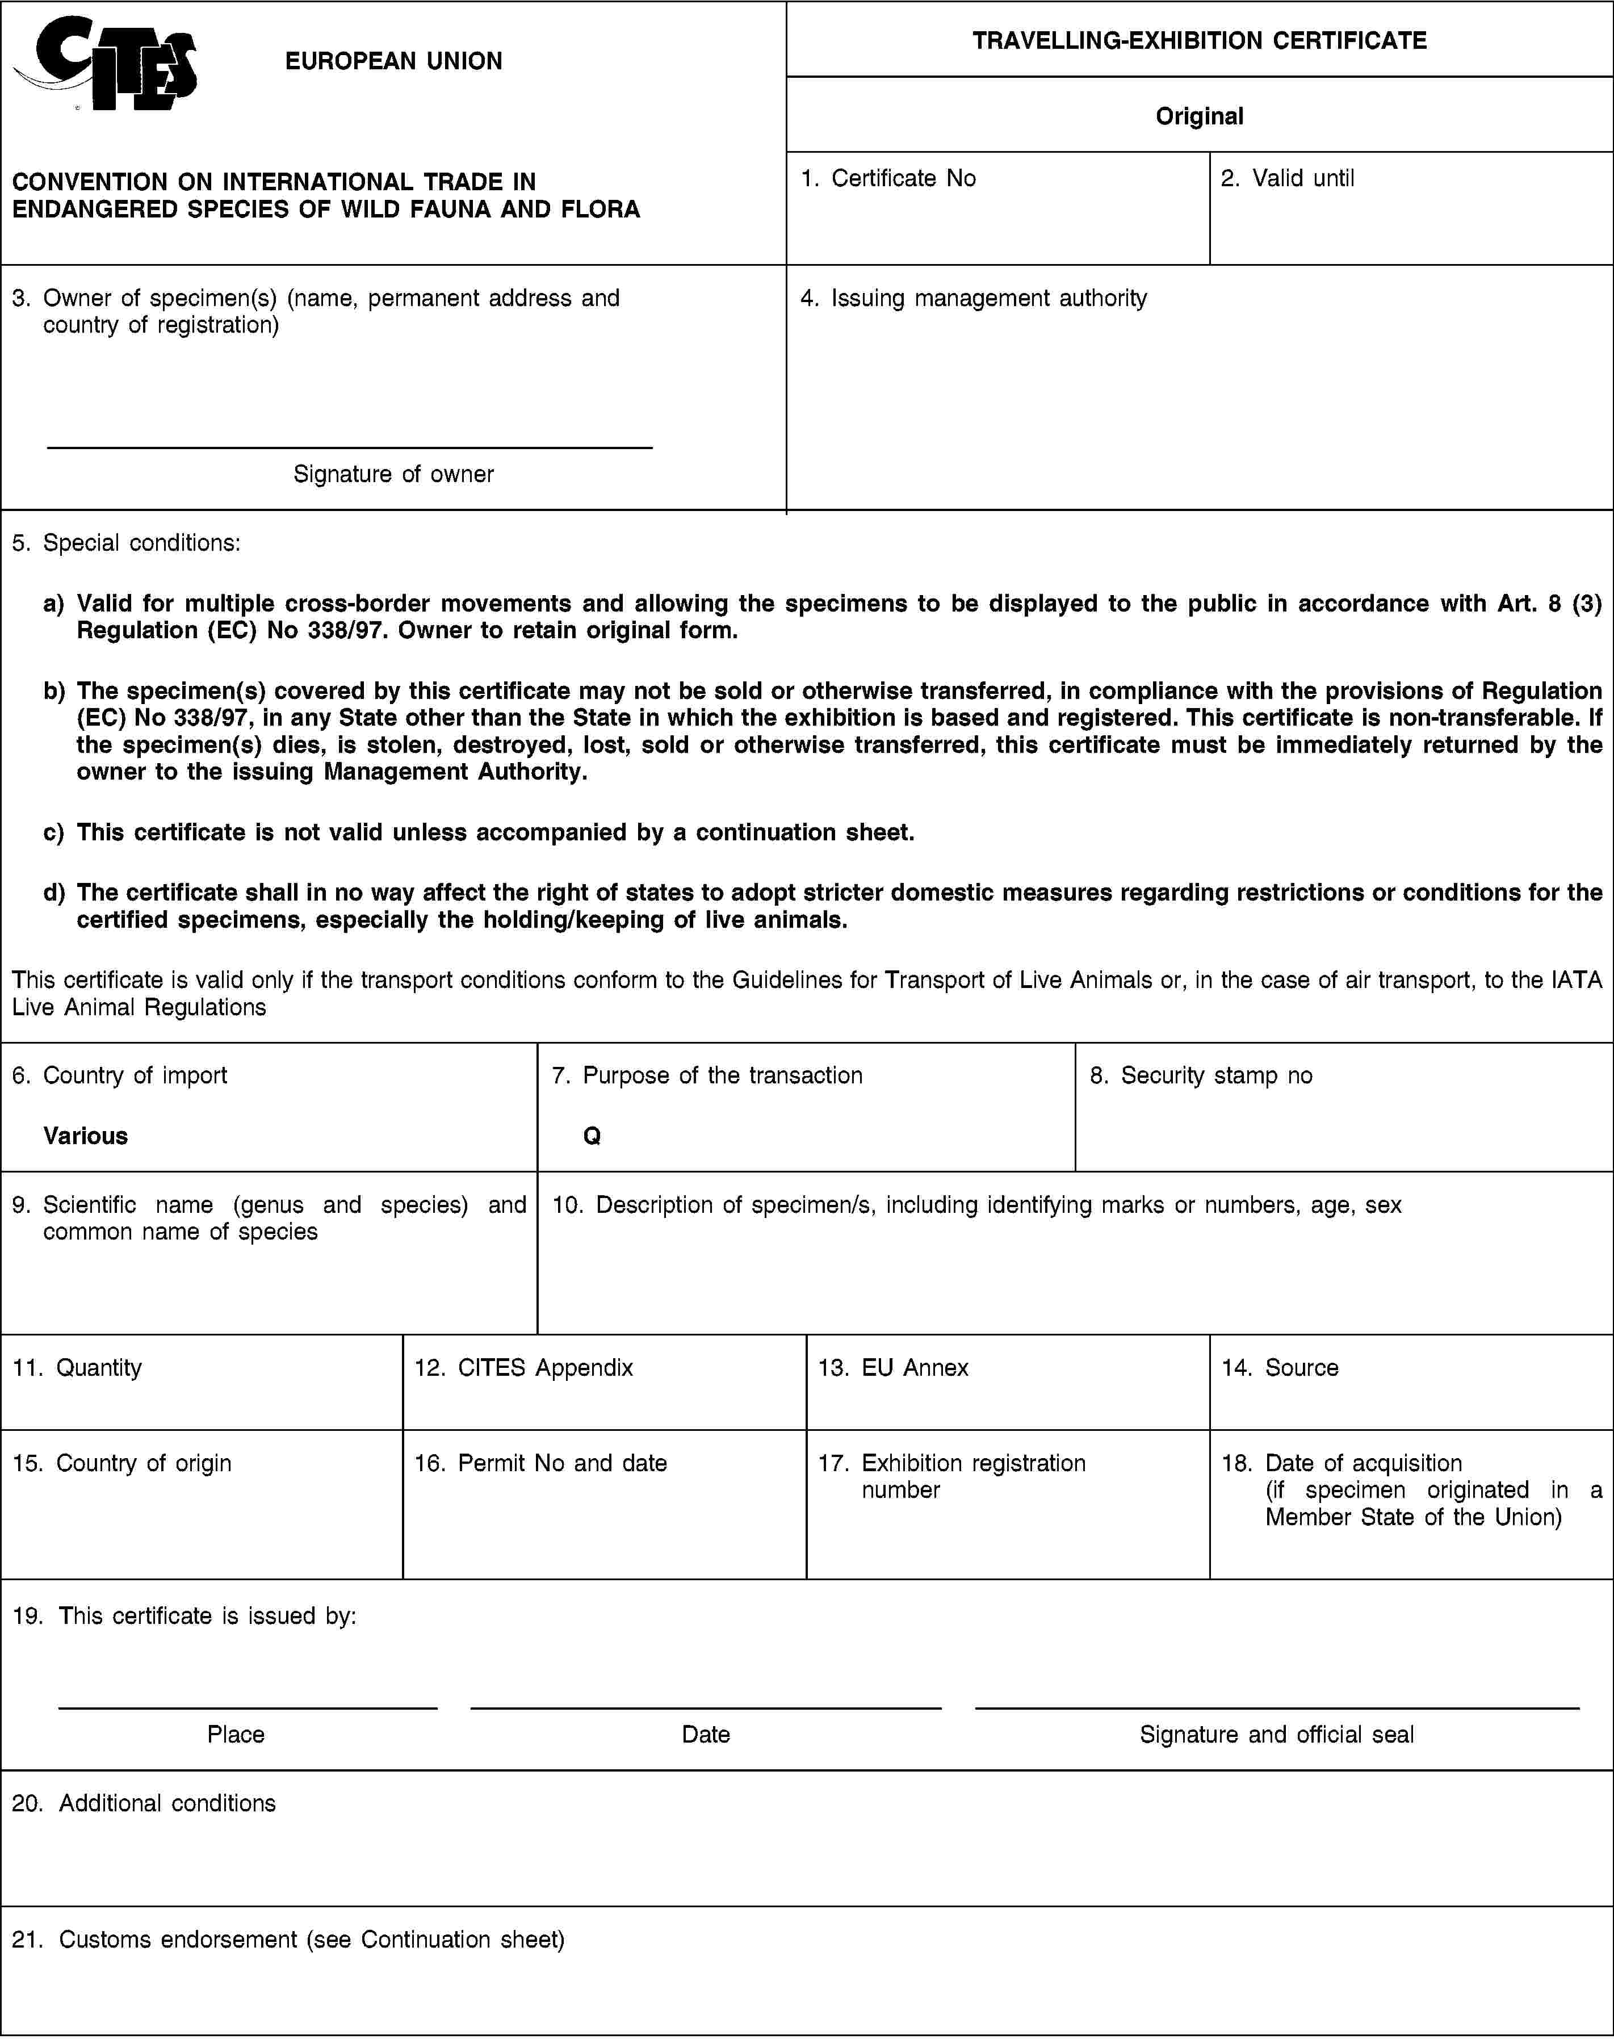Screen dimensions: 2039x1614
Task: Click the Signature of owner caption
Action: pyautogui.click(x=393, y=474)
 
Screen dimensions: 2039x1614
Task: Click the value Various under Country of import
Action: pyautogui.click(x=85, y=1136)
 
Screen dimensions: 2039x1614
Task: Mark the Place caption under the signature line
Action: pyautogui.click(x=236, y=1734)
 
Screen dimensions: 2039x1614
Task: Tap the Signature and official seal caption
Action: pyautogui.click(x=1277, y=1734)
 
